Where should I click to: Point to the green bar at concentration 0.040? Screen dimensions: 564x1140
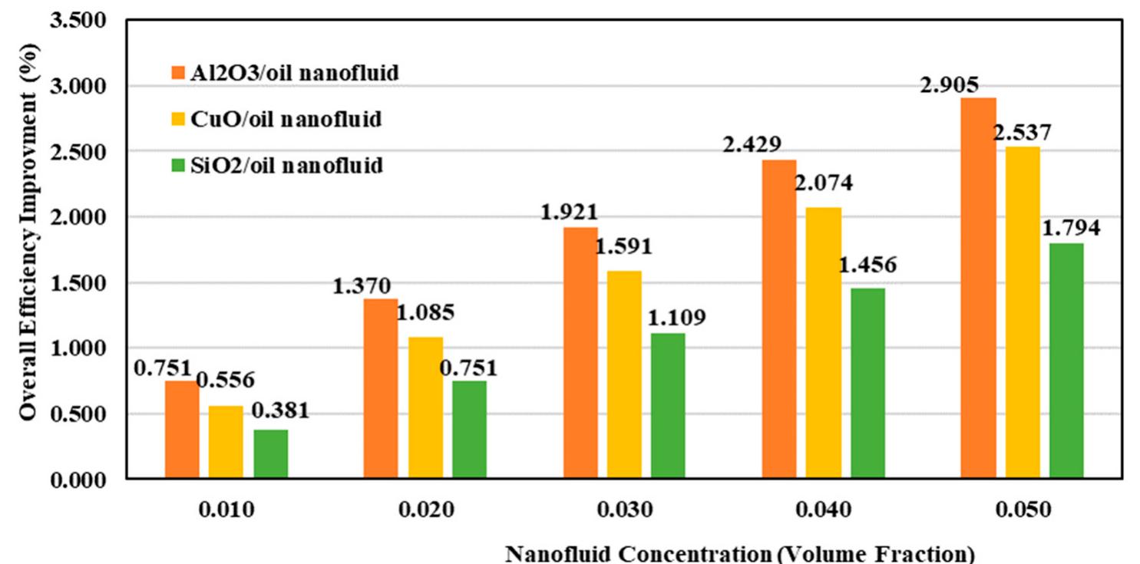[867, 384]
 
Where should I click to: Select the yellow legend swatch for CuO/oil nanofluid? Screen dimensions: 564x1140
[177, 120]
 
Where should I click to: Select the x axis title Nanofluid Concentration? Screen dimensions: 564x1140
[740, 553]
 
